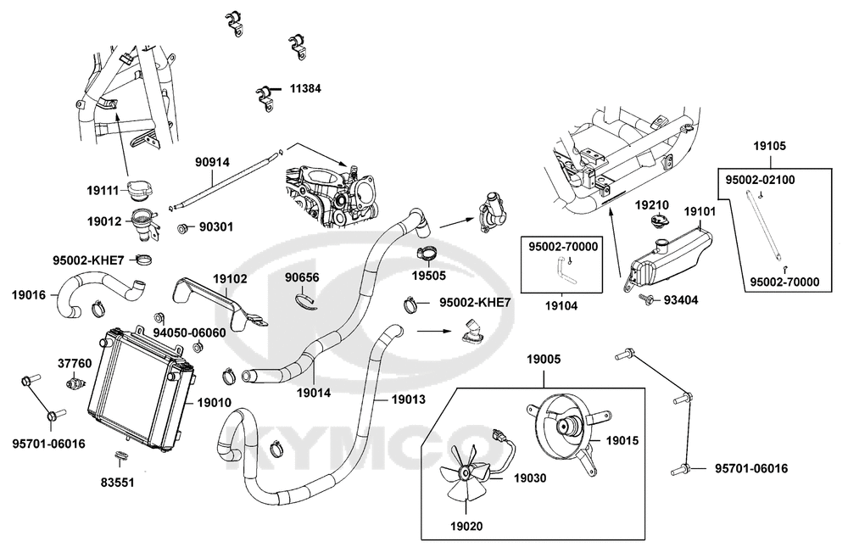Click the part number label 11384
tap(305, 88)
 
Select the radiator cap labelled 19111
tap(141, 191)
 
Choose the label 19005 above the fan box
tap(544, 360)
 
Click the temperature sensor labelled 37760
tap(75, 383)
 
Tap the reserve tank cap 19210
tap(659, 222)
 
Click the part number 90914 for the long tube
tap(213, 162)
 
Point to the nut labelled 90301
tap(184, 228)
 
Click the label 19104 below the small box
tap(561, 306)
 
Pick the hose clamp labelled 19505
tap(426, 254)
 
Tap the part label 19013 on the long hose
tap(409, 399)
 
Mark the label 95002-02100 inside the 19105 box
tap(760, 180)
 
